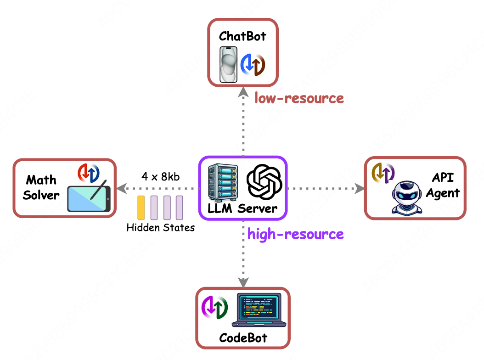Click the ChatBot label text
[x=242, y=36]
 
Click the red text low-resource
[x=299, y=98]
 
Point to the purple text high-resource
[x=296, y=234]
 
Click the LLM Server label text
[x=242, y=208]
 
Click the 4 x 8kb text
[x=160, y=177]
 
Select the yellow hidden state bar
[x=141, y=208]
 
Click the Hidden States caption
[x=161, y=227]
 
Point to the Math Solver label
[x=41, y=187]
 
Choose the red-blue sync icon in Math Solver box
[x=88, y=172]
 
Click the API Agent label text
[x=443, y=186]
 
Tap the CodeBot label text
[x=243, y=339]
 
